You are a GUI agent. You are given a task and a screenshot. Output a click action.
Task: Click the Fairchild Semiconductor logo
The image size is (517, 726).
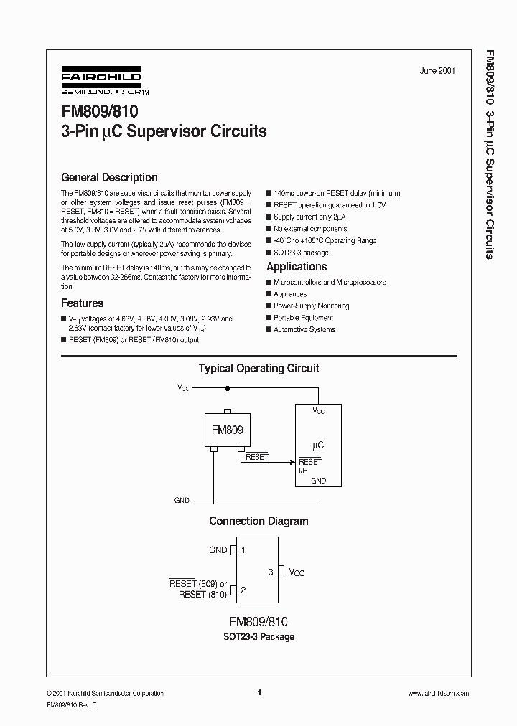(x=101, y=82)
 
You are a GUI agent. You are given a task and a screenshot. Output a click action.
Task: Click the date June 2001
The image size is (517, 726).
(x=437, y=71)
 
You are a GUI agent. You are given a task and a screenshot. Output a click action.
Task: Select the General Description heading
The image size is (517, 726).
(x=109, y=178)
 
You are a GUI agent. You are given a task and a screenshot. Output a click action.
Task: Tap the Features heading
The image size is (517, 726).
(x=82, y=303)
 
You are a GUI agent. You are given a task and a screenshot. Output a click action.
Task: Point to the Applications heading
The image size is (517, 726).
(x=297, y=267)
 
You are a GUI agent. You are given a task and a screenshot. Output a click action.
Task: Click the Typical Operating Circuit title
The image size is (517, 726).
(x=258, y=369)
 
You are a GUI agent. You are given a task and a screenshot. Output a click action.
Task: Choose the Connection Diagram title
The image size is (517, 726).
(x=258, y=522)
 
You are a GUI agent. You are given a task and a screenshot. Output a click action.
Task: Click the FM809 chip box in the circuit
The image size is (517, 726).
(x=227, y=430)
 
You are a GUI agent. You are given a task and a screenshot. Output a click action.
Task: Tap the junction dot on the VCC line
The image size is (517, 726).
(x=228, y=389)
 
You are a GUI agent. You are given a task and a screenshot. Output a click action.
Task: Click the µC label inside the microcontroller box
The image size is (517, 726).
(x=318, y=445)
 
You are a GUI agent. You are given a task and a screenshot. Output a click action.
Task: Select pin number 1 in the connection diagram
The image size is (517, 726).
(x=243, y=550)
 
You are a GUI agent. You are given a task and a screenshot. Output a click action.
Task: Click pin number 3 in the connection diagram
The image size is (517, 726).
(x=271, y=572)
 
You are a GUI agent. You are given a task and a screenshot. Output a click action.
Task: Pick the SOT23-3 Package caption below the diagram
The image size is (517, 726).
(x=258, y=636)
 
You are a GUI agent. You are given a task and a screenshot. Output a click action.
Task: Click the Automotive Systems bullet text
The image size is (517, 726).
(x=304, y=329)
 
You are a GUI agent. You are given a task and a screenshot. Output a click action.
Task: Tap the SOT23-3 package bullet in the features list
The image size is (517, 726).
(x=301, y=253)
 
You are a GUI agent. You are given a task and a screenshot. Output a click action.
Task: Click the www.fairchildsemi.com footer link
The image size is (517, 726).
(x=438, y=693)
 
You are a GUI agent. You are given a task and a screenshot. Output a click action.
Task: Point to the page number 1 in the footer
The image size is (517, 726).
(x=258, y=693)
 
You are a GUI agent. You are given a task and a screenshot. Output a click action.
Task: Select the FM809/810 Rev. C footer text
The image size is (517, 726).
(x=72, y=706)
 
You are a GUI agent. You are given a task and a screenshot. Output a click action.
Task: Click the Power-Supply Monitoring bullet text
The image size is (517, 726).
(x=311, y=306)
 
